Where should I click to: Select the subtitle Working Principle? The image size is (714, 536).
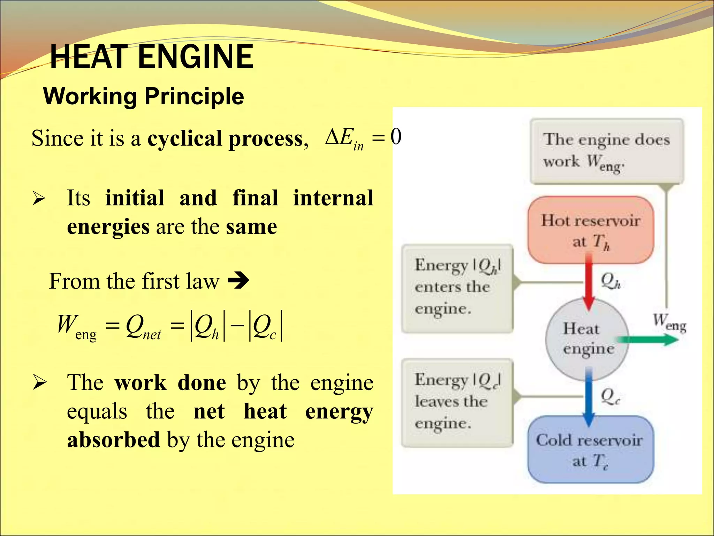143,96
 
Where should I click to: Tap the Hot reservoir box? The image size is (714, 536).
591,230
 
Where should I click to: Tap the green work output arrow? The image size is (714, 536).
646,340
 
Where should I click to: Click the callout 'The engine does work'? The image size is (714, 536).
606,151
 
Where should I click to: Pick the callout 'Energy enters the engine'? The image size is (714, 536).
457,288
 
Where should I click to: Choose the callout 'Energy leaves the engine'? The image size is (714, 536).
457,402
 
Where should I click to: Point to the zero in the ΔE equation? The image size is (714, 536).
396,136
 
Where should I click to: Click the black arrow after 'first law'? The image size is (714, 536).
238,281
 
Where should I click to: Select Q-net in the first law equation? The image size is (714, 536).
143,327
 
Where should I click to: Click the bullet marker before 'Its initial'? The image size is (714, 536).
39,199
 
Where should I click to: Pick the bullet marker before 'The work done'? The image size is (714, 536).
39,383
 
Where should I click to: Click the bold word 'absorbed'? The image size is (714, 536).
113,440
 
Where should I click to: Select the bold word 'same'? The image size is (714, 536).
251,227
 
